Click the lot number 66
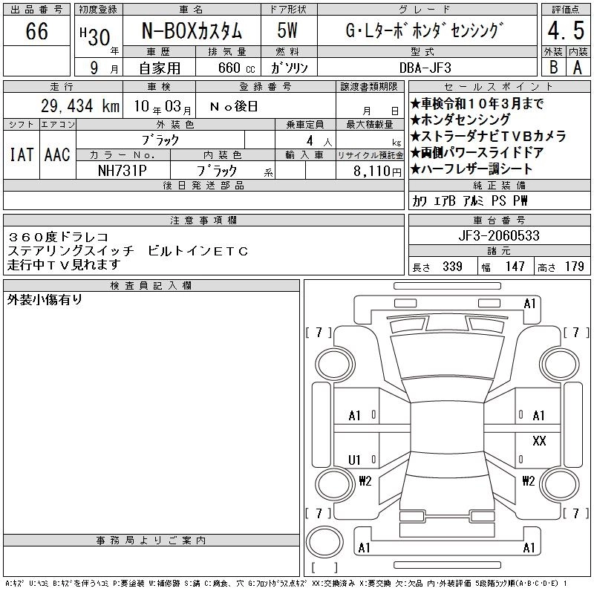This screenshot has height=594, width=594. pos(36,30)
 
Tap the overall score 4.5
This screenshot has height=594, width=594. pos(566,30)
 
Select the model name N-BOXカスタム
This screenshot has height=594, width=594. pos(192,31)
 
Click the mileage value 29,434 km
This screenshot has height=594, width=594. pos(80,105)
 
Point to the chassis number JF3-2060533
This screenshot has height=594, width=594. pos(499,235)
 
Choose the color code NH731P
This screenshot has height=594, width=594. pos(123,171)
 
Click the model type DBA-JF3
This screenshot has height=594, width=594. pos(425,68)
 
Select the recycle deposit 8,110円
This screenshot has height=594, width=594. pos(377,172)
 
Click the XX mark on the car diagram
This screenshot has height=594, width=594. pos(539,440)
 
